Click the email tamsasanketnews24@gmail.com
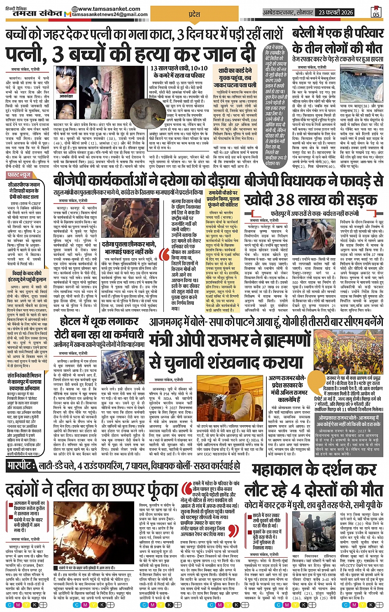click(x=110, y=15)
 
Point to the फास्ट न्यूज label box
click(x=20, y=175)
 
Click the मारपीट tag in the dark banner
click(x=21, y=466)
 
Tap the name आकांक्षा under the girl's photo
click(x=65, y=96)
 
